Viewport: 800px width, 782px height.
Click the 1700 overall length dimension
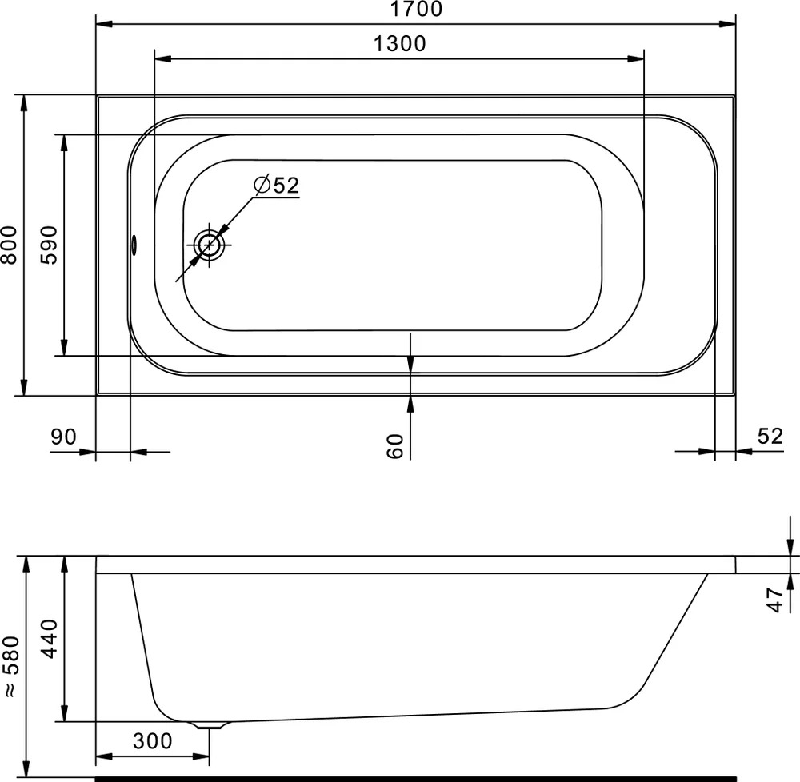pos(416,9)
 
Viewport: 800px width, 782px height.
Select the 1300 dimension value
pos(399,44)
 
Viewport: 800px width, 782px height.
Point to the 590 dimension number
pos(49,245)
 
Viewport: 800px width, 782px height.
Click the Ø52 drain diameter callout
pos(277,185)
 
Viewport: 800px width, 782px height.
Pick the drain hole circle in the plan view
pos(209,245)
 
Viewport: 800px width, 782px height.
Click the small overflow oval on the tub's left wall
pos(134,245)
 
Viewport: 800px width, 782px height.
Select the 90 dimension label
pos(63,437)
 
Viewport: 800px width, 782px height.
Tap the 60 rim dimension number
pos(395,446)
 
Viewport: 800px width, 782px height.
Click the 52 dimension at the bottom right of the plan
pos(770,437)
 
